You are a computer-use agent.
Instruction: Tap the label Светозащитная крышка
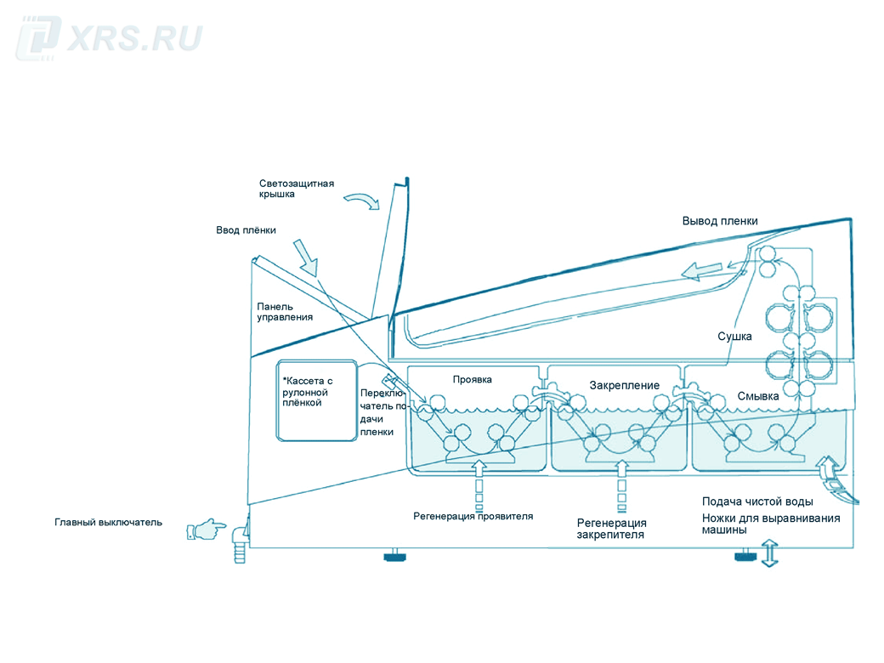tap(297, 189)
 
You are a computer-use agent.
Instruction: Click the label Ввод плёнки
tap(246, 230)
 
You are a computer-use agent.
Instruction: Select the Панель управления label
tap(285, 312)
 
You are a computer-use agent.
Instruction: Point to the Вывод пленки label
tap(719, 221)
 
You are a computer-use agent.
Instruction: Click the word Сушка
tap(734, 337)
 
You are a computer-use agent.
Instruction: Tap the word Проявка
tap(473, 380)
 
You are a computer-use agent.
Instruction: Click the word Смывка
tap(758, 396)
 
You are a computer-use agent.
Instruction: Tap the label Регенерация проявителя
tap(473, 516)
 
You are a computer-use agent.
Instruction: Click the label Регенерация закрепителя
tap(611, 529)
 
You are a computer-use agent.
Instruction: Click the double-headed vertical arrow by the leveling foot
tap(770, 552)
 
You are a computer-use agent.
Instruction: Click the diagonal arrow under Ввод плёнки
tap(305, 257)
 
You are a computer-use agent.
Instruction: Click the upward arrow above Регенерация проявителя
tap(478, 467)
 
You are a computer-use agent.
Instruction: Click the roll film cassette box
tap(315, 399)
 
